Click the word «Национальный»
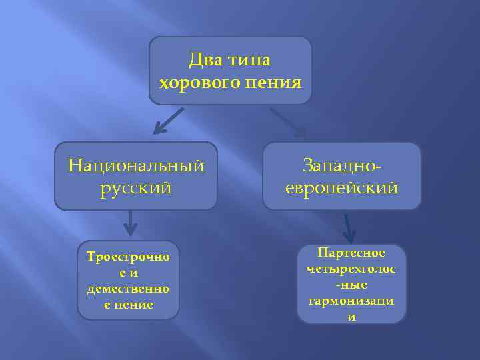pos(136,164)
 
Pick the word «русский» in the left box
pos(136,187)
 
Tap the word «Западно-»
pos(342,164)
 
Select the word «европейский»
pos(342,188)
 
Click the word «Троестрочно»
pos(128,257)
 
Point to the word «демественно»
pos(128,289)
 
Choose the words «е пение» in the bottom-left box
pos(128,305)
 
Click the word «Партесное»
pos(351,253)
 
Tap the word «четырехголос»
pos(351,269)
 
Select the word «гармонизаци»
pos(351,301)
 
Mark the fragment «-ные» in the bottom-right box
pos(351,285)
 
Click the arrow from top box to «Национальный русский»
pos(166,121)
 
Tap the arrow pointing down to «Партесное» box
pos(347,229)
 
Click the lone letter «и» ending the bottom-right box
pos(351,317)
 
